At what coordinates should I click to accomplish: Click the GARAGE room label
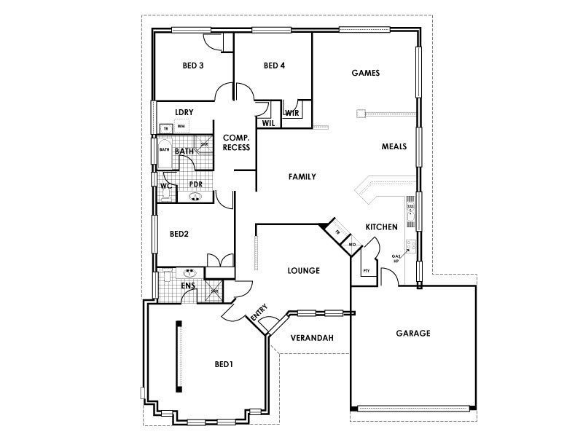[413, 334]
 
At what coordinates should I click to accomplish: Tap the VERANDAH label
[312, 339]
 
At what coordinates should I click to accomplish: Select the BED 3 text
[192, 66]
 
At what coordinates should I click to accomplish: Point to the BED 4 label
[274, 66]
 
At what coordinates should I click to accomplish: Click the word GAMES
[366, 73]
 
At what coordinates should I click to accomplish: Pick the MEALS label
[394, 146]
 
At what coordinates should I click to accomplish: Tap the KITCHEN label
[381, 227]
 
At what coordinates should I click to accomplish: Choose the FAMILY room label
[302, 176]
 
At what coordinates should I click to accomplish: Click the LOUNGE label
[304, 271]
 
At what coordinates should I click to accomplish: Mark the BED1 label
[224, 363]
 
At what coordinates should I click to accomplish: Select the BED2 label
[179, 235]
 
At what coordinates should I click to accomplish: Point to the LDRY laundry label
[183, 111]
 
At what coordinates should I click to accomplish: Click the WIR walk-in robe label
[291, 114]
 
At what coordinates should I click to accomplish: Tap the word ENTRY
[259, 315]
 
